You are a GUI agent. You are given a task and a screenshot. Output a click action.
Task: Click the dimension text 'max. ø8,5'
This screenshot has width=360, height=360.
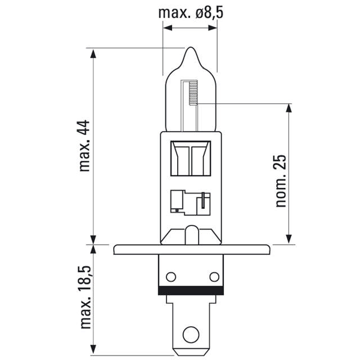[x=191, y=12]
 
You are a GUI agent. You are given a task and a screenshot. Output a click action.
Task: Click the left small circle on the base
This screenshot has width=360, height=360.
[x=171, y=276]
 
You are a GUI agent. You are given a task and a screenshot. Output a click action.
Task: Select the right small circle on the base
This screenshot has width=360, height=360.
[x=213, y=276]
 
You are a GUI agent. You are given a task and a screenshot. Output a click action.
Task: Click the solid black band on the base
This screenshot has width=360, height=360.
[x=191, y=291]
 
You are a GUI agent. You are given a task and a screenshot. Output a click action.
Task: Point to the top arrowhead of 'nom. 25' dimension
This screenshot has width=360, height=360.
[x=289, y=107]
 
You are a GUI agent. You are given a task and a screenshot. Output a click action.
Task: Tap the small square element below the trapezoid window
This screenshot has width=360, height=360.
[x=178, y=201]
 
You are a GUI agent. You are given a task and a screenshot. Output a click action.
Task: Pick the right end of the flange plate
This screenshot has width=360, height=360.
[x=267, y=249]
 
